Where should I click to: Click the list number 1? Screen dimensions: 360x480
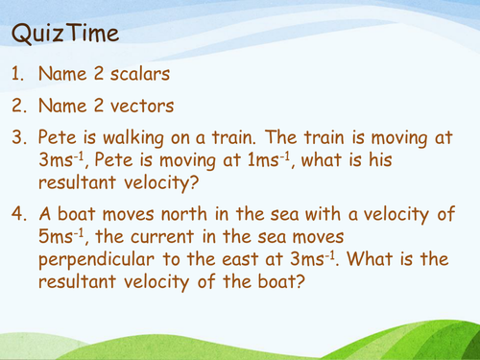click(18, 74)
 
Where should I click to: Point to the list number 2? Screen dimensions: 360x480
click(19, 107)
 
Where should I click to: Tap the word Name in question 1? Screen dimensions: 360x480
click(64, 74)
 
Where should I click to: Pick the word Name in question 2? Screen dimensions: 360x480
click(64, 107)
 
